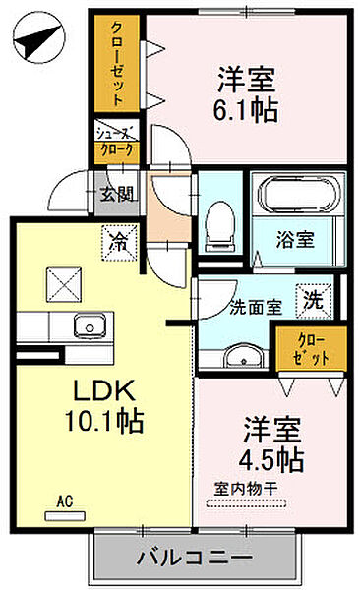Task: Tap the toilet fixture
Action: coord(219,227)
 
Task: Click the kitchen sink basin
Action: coord(90,327)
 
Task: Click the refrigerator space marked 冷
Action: coord(119,243)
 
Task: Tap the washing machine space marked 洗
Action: coord(314,301)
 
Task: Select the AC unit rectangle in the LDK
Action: coord(65,516)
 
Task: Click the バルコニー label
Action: coord(193,558)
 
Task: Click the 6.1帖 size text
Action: coord(246,110)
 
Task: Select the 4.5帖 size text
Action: coord(271,459)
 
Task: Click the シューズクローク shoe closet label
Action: coord(117,142)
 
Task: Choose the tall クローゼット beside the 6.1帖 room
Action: coord(117,63)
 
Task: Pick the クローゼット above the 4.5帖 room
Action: coord(311,349)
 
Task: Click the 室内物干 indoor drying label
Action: coord(246,489)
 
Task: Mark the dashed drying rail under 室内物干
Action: coord(247,503)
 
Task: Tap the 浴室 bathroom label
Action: coord(295,239)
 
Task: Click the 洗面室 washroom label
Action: coord(256,308)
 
